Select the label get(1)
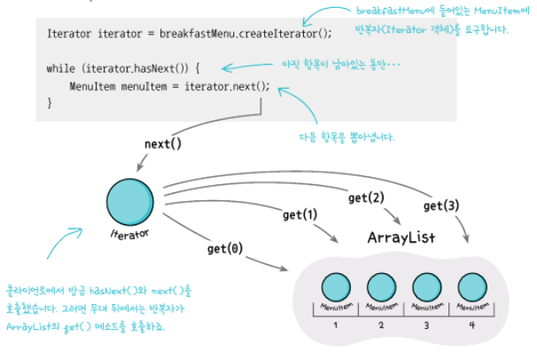coord(299,215)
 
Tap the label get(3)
coord(440,206)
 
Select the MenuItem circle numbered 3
coord(426,288)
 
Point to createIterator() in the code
coord(283,33)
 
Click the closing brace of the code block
coord(50,103)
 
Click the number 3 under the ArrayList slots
coord(426,326)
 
